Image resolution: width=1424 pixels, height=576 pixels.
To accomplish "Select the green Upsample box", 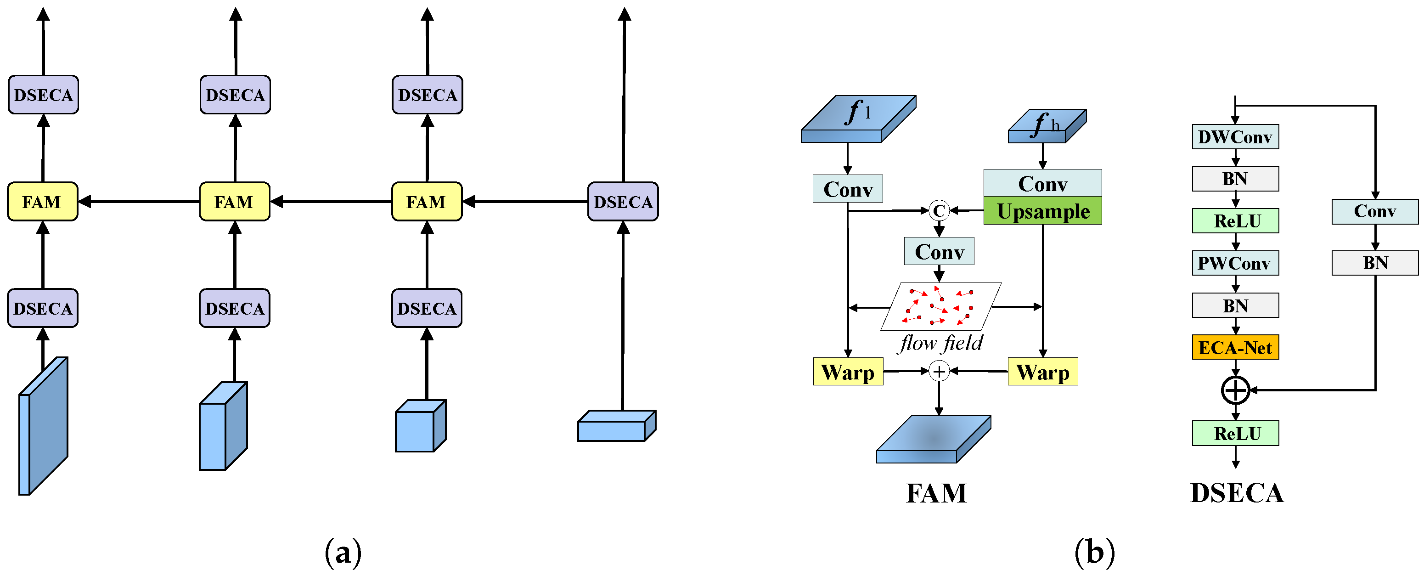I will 1042,211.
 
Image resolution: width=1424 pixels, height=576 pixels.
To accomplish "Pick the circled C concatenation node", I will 939,211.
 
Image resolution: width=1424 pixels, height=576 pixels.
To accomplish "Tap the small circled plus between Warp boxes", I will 939,372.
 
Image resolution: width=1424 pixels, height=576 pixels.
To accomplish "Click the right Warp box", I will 1042,372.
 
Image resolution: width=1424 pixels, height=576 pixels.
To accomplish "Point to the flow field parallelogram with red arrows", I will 940,307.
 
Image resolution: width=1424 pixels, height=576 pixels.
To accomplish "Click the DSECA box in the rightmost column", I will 623,202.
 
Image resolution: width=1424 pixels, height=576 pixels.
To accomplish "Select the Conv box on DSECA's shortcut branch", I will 1374,212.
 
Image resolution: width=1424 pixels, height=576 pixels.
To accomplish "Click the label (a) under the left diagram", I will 343,552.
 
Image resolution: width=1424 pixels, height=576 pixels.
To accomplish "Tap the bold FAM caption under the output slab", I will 936,493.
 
